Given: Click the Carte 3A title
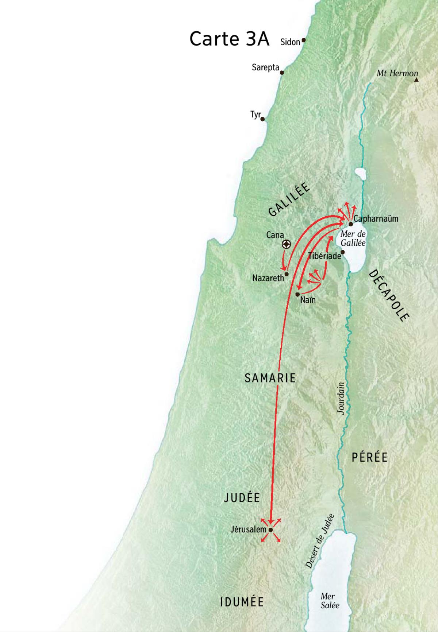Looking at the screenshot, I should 229,39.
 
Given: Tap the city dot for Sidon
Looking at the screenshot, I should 303,40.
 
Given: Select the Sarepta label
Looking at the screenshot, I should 265,67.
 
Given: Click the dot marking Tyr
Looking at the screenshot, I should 262,119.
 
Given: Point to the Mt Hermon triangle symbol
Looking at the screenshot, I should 416,79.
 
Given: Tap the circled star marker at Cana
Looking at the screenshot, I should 287,244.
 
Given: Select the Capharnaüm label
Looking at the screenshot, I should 376,219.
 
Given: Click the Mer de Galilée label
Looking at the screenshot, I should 353,238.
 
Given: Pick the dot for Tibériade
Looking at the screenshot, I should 343,252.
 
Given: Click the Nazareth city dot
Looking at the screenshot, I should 287,274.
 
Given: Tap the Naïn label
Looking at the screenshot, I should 308,300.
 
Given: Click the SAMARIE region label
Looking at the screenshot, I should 270,378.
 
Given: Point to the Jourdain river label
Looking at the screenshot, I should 341,398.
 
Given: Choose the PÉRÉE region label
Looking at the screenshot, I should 369,457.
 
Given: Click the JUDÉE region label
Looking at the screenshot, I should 242,498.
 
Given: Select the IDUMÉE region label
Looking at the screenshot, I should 242,602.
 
